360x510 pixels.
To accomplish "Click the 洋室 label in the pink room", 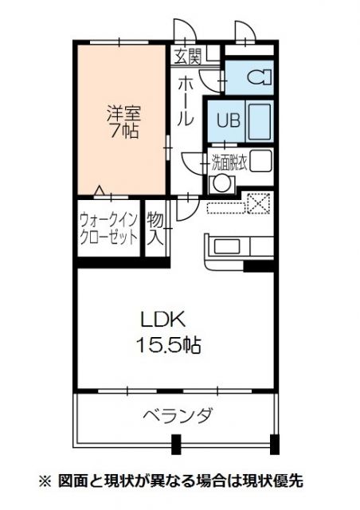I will click(123, 113).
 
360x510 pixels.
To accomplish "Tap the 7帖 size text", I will click(123, 131).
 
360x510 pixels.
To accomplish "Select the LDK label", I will click(162, 320).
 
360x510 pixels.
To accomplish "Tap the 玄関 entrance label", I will click(188, 56).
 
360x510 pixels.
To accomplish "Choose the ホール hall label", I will click(185, 100).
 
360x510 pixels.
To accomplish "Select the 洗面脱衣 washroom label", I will click(231, 161).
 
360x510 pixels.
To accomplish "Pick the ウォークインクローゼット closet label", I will click(108, 229).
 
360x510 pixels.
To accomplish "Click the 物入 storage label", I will click(155, 229).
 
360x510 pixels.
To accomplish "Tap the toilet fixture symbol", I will click(256, 78).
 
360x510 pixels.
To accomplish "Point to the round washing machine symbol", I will click(219, 182).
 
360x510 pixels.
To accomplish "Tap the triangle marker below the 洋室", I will click(100, 190).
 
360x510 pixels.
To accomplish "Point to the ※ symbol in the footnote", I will click(45, 481).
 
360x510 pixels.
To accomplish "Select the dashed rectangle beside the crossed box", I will click(227, 208).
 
